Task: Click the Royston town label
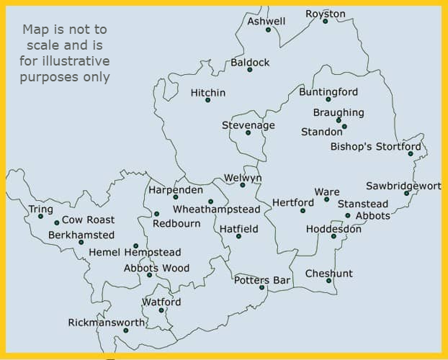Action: [x=326, y=14]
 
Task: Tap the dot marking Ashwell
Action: [x=268, y=30]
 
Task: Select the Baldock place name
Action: [x=250, y=63]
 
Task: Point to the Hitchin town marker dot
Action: [x=207, y=100]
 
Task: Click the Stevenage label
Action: [x=248, y=125]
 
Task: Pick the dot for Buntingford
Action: [x=328, y=99]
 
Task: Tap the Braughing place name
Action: [x=339, y=112]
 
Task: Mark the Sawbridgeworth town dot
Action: [x=407, y=193]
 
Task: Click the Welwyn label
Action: [x=243, y=178]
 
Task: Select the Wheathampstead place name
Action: [x=216, y=209]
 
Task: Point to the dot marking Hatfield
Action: [x=238, y=235]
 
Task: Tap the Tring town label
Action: [x=40, y=210]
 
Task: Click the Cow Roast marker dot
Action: [x=57, y=222]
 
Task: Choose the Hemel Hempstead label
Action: [x=135, y=253]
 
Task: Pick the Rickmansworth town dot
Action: [x=125, y=330]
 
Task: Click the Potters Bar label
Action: [x=261, y=280]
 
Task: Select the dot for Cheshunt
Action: [x=328, y=281]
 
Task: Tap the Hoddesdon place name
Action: [x=333, y=229]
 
